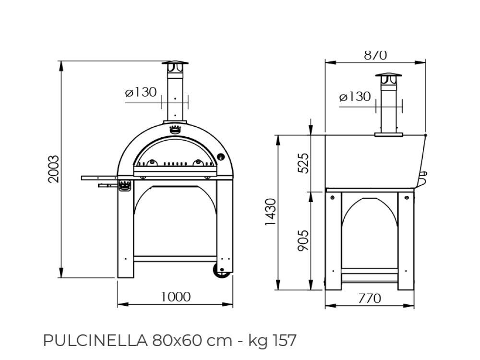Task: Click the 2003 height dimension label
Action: (54, 169)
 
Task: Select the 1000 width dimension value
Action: (176, 297)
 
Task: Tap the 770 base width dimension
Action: (370, 298)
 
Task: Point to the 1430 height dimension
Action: (271, 212)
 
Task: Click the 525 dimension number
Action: (304, 163)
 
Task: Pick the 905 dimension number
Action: (304, 240)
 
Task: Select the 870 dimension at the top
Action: (375, 55)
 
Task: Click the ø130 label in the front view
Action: (141, 92)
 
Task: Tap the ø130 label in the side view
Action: (355, 97)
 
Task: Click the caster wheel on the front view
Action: (222, 271)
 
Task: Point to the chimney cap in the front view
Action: (175, 67)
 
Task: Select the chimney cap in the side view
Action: (389, 79)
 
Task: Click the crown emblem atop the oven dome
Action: (175, 129)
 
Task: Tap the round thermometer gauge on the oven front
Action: (220, 157)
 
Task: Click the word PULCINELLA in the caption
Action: (95, 340)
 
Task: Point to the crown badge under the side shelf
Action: (125, 185)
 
